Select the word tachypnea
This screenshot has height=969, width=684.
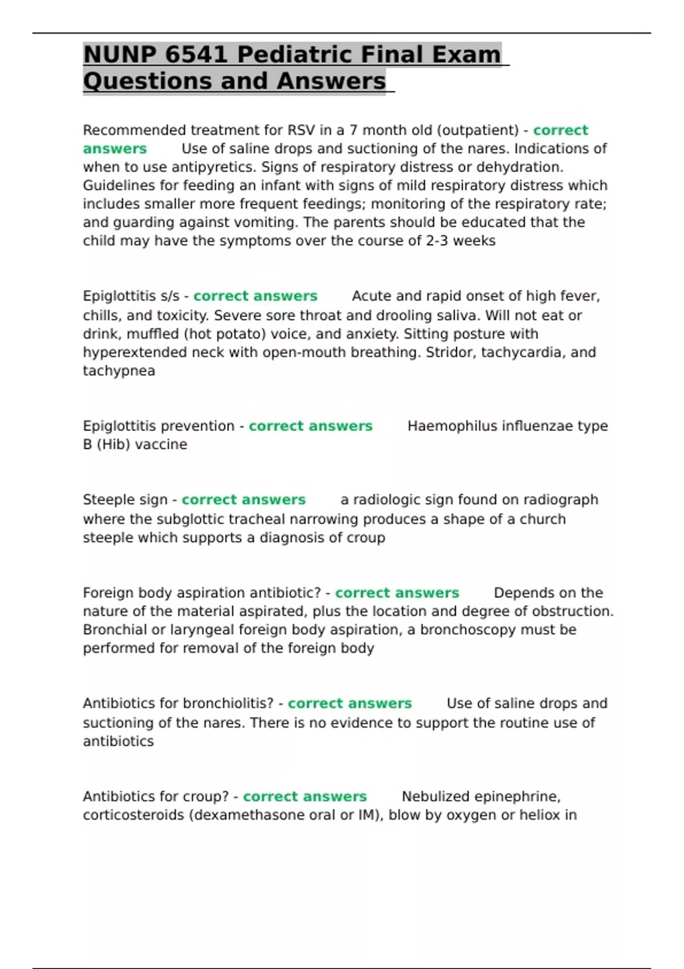click(x=119, y=371)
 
